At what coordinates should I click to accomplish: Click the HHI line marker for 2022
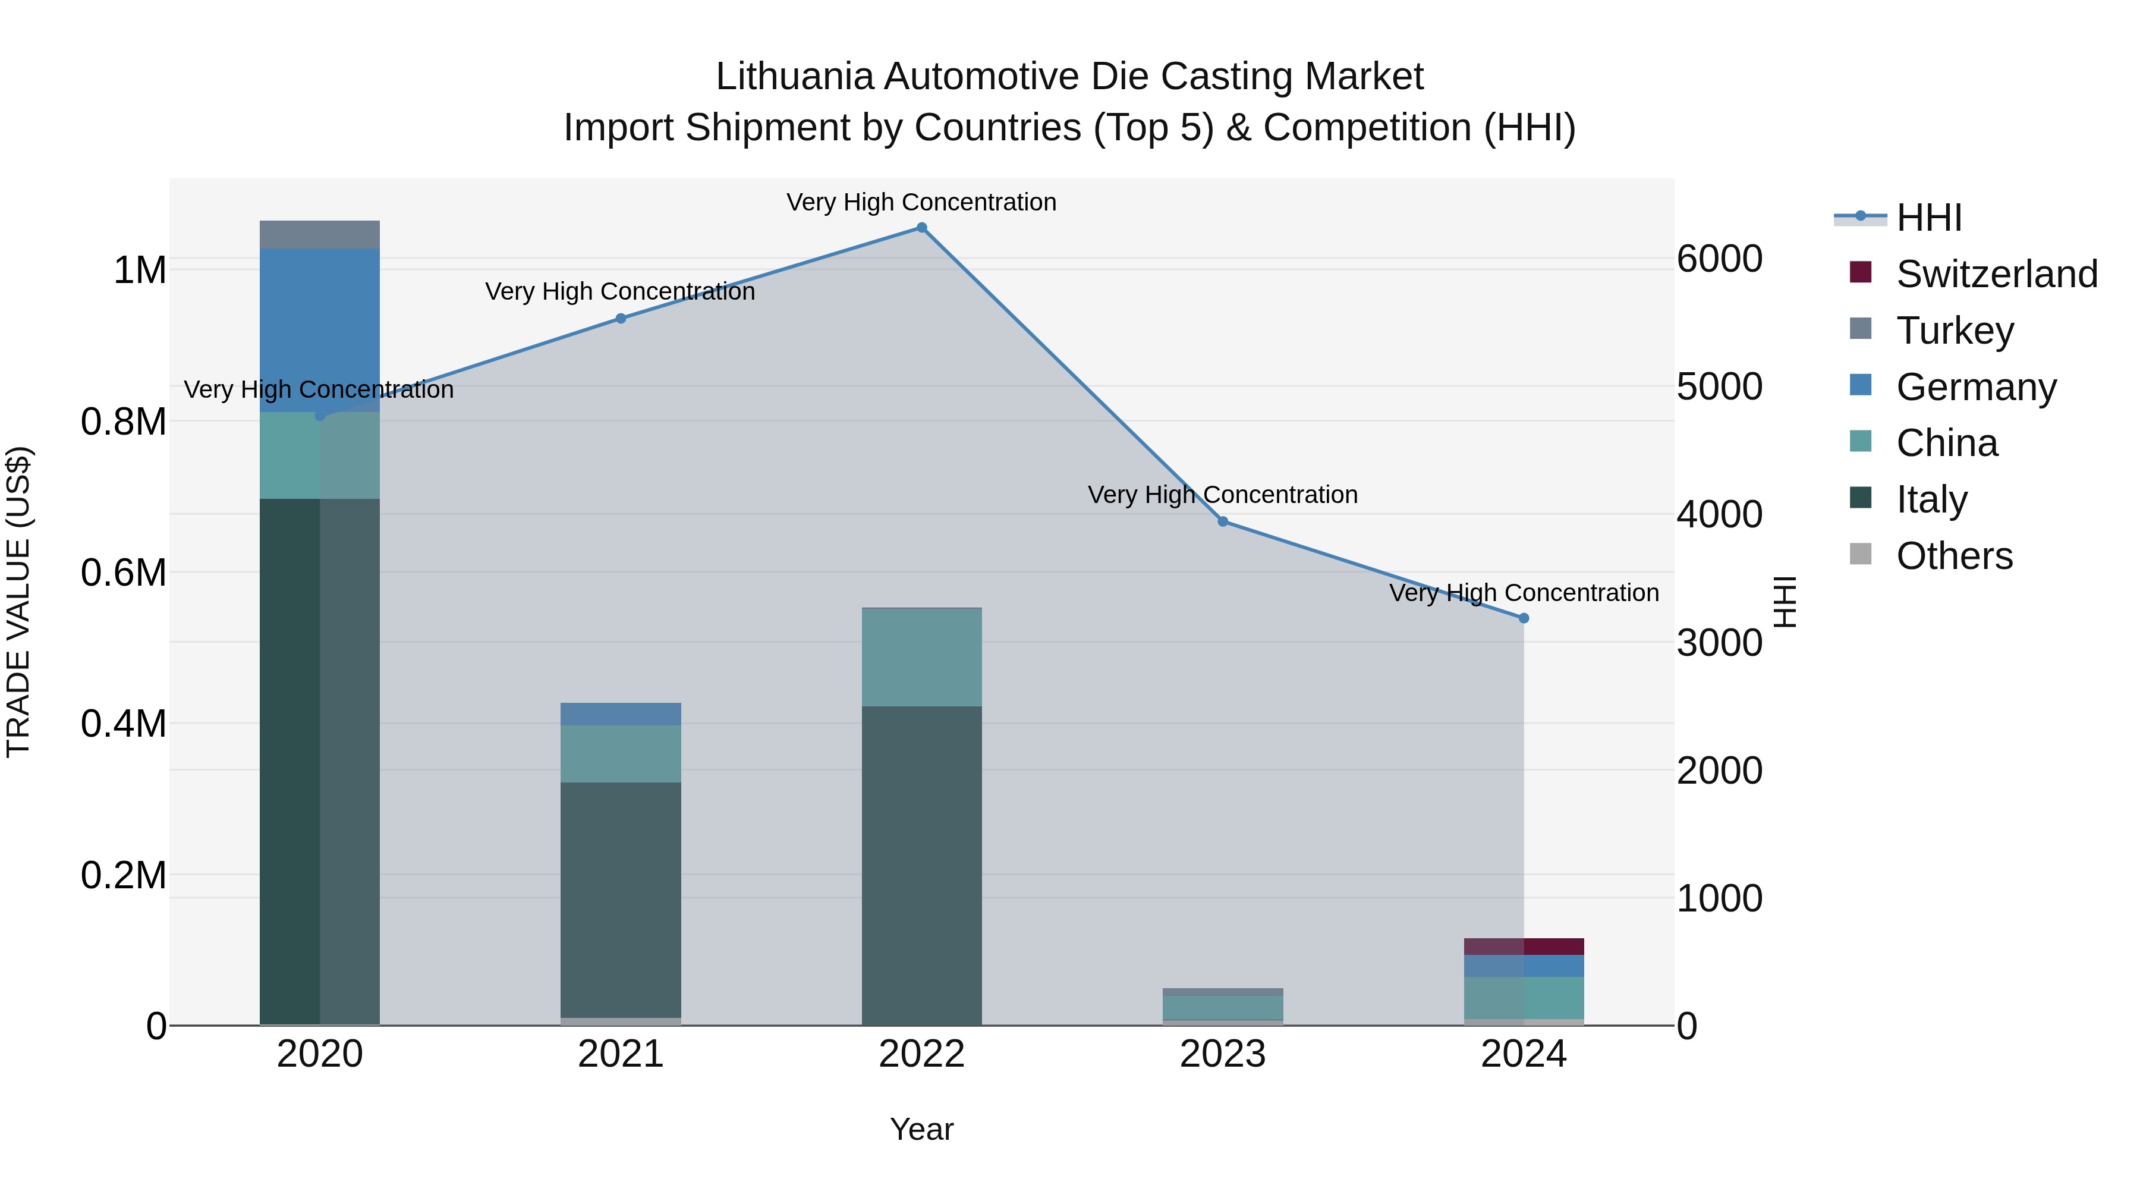(x=921, y=228)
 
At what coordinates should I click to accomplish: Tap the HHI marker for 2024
(x=1524, y=618)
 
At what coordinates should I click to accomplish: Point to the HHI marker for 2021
(x=621, y=318)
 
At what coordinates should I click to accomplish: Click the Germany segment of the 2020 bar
(x=320, y=330)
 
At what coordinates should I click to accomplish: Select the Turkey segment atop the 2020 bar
(x=320, y=234)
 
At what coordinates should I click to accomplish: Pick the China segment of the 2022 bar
(x=921, y=657)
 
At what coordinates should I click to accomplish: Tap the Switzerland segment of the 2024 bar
(x=1524, y=947)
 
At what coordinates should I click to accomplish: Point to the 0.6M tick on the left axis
(x=123, y=573)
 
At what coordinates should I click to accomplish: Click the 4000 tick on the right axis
(x=1719, y=514)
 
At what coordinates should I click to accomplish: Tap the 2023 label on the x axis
(x=1223, y=1054)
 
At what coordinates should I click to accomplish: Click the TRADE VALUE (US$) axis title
(x=19, y=602)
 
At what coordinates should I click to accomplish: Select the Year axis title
(x=921, y=1129)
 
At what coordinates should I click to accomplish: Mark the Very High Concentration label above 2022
(x=921, y=202)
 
